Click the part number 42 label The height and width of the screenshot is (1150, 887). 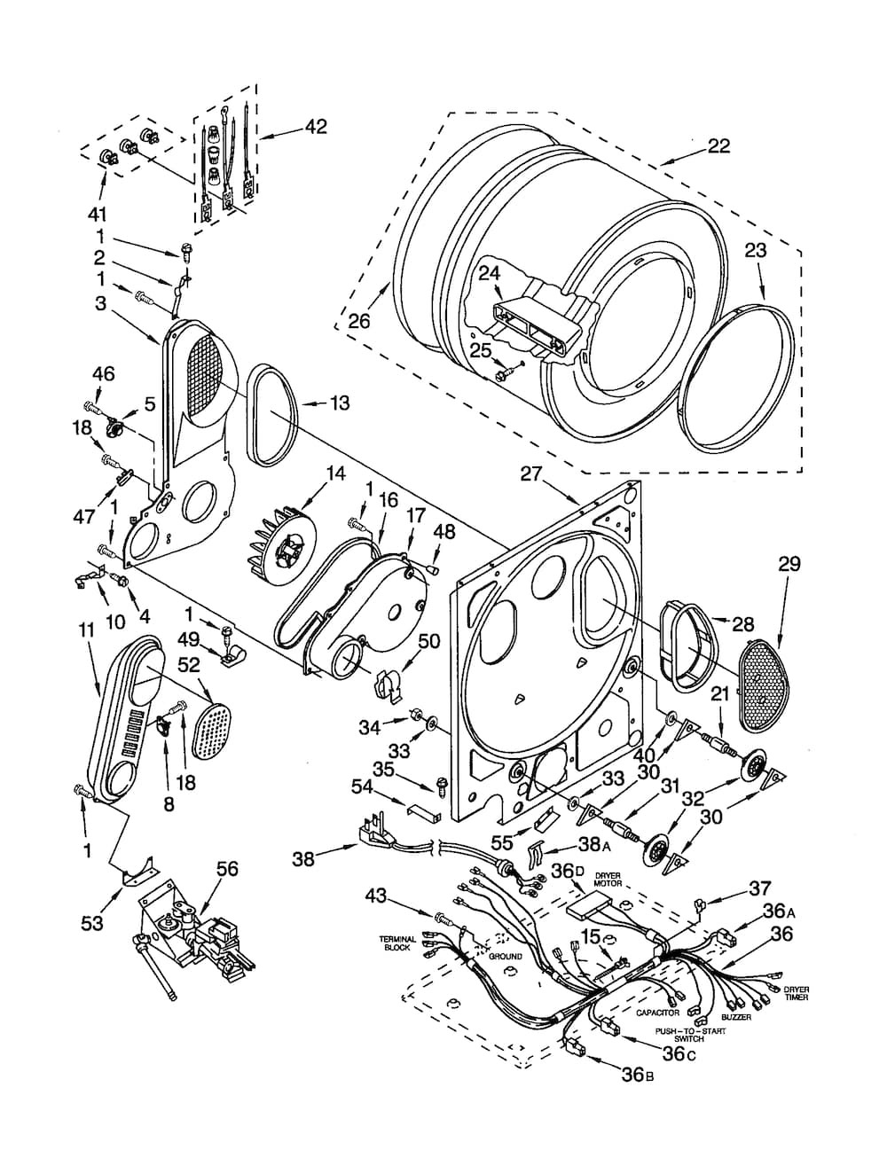[316, 127]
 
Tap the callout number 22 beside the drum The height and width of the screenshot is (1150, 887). [718, 145]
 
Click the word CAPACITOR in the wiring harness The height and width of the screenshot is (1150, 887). [657, 1013]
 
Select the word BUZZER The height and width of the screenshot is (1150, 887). [736, 1017]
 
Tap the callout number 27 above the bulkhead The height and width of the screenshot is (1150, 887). [533, 474]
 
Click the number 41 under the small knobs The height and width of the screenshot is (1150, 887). [97, 215]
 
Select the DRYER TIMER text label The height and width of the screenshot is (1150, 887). [796, 993]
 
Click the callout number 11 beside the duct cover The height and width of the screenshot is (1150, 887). [86, 630]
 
